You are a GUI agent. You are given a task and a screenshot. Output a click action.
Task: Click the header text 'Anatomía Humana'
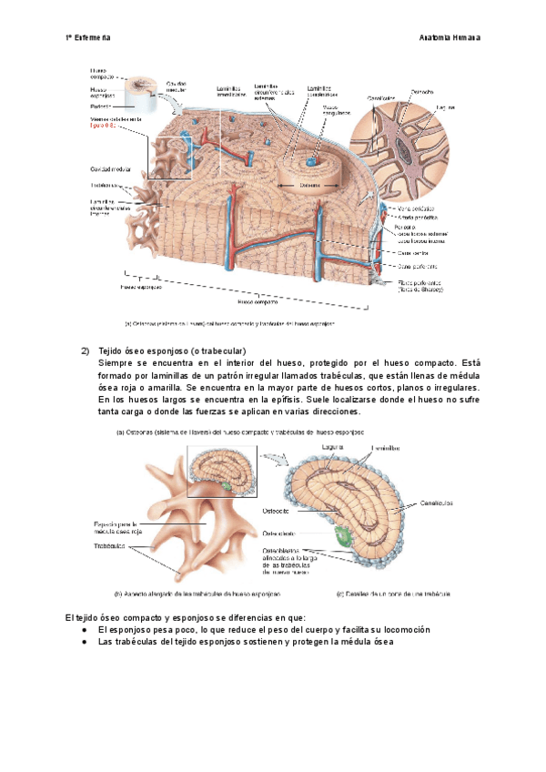tap(450, 39)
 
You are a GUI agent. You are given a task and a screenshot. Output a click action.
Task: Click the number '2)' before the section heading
tap(84, 350)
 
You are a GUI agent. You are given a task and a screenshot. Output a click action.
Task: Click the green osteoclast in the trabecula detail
tap(344, 536)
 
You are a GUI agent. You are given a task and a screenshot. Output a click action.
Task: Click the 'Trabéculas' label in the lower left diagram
tap(109, 546)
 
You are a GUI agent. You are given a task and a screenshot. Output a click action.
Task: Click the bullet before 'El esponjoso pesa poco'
tap(84, 630)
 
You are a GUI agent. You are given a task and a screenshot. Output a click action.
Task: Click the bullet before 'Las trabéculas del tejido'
tap(84, 642)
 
